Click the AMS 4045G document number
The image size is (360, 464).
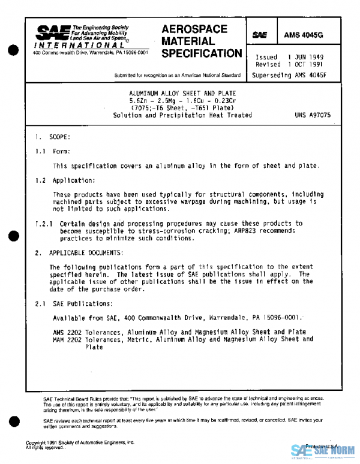click(316, 35)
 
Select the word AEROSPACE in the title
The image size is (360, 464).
click(194, 29)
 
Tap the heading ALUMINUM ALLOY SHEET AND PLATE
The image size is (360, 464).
click(183, 94)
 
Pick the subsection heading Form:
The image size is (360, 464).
click(62, 152)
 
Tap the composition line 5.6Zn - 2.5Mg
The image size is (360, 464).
click(183, 101)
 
